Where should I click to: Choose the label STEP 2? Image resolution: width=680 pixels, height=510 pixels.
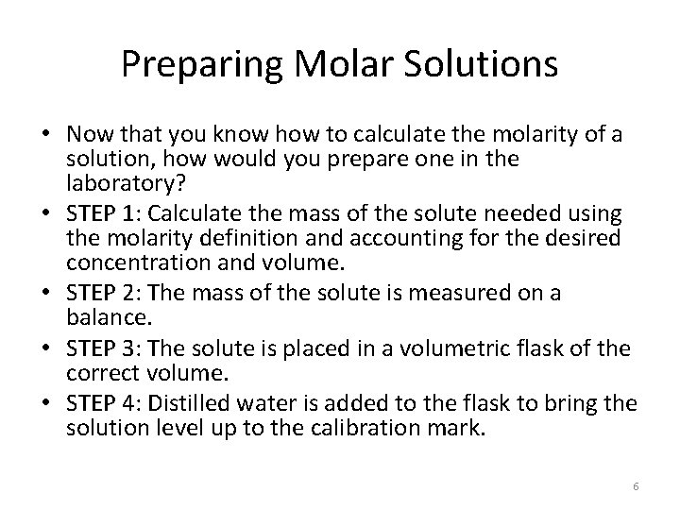(96, 294)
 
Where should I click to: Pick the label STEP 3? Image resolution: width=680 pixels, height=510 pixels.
(96, 349)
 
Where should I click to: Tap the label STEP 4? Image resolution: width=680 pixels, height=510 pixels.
(96, 404)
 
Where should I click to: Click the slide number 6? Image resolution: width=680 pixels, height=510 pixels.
(636, 485)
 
